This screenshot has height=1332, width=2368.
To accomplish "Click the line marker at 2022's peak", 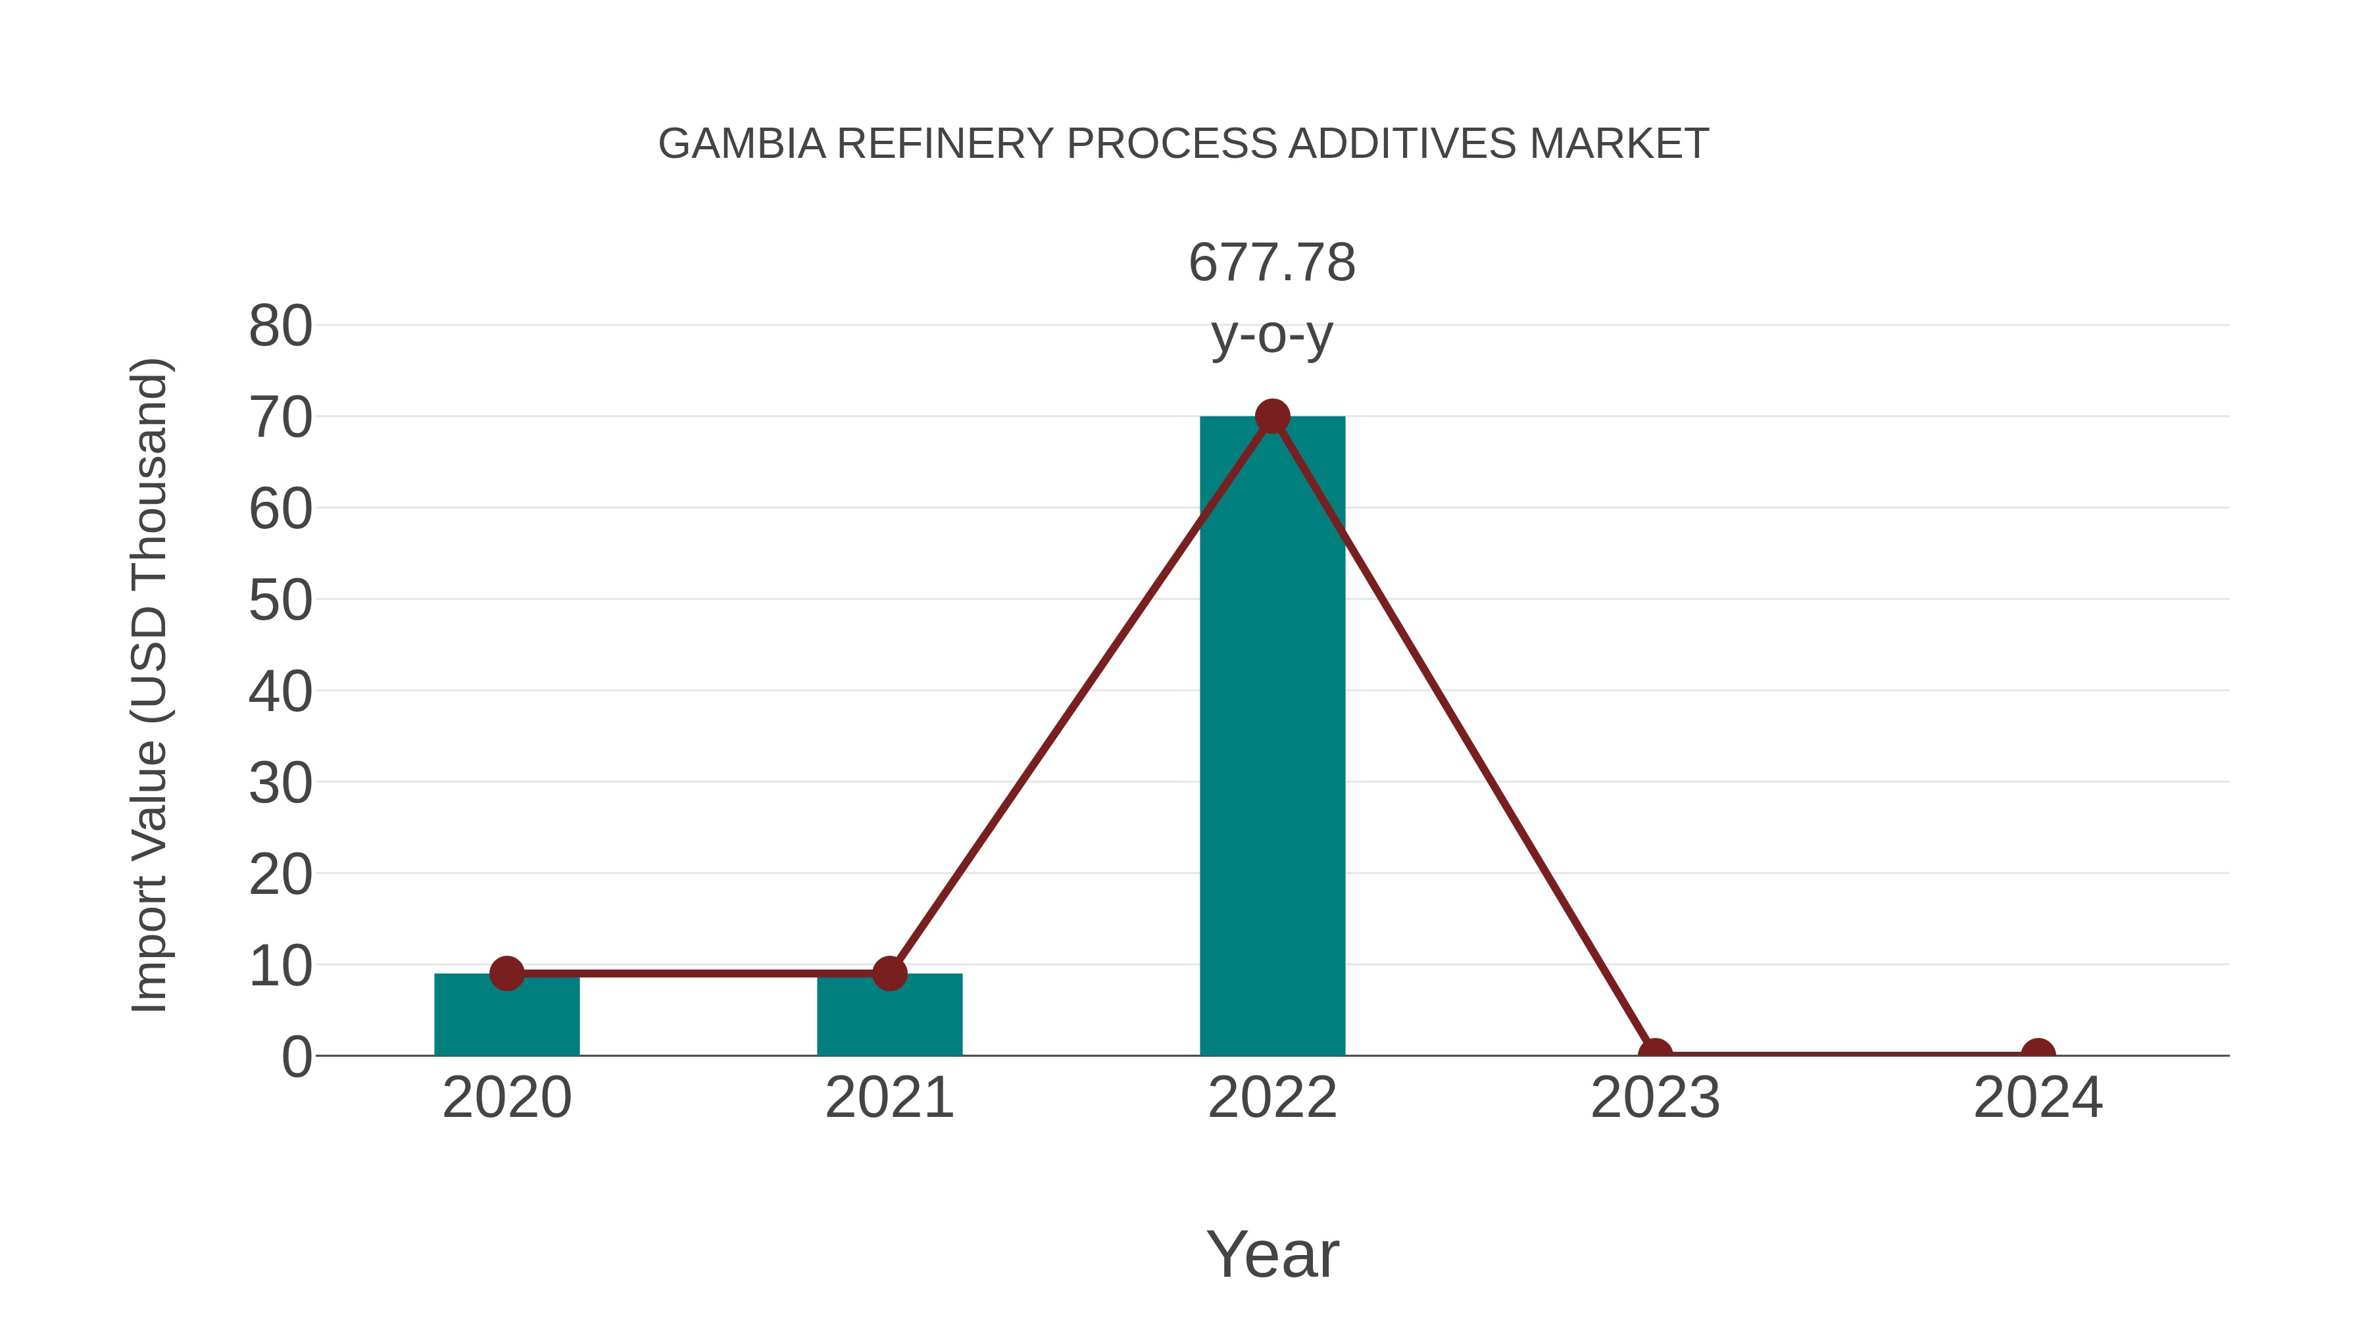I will (x=1271, y=416).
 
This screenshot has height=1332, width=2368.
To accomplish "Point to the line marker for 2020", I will (x=506, y=973).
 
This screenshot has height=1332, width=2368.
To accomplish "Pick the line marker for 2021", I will (x=889, y=973).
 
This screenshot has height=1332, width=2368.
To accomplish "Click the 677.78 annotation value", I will (x=1271, y=263).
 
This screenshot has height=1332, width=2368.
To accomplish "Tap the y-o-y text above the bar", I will (x=1271, y=335).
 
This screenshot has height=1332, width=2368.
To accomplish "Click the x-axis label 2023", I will (x=1655, y=1098).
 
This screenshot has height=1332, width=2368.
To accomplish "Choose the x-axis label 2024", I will (x=2038, y=1098).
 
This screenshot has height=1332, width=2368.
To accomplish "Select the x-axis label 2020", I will (x=506, y=1098).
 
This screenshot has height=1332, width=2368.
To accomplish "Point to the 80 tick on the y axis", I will (x=280, y=326).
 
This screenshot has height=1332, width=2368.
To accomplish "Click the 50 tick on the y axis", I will (x=280, y=601).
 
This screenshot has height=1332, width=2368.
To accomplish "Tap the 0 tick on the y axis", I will (x=297, y=1057).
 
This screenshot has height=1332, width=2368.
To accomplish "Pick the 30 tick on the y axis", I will (x=280, y=783).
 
